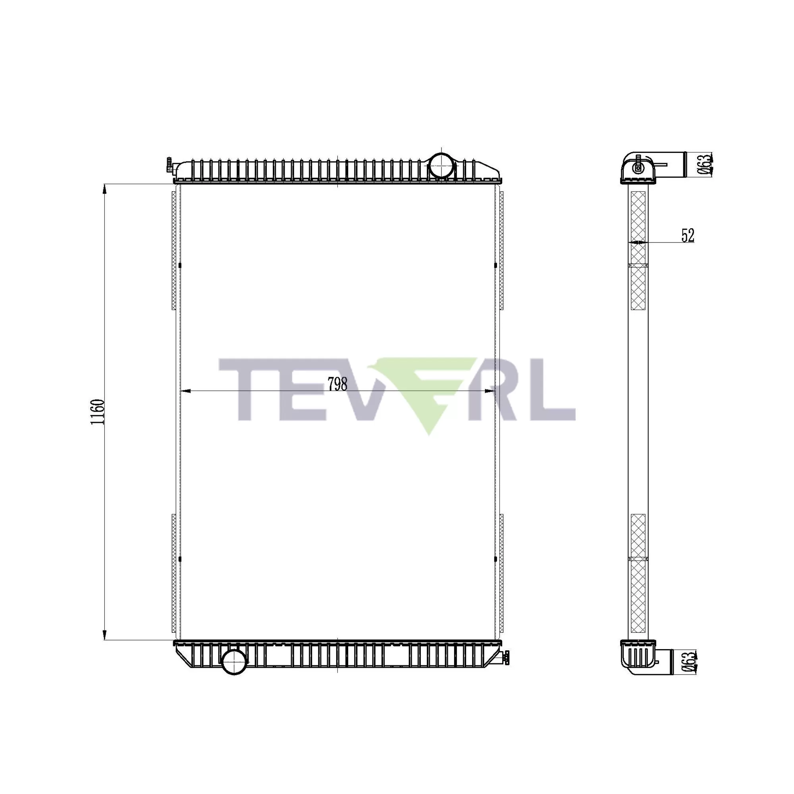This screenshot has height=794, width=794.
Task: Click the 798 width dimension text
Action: [x=337, y=384]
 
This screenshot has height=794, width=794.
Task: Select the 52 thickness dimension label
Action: [x=688, y=235]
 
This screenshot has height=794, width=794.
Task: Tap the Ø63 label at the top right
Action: [x=704, y=164]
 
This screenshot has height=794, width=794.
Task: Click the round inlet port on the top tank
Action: [x=441, y=165]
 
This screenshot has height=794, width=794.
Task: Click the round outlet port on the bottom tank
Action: [x=234, y=661]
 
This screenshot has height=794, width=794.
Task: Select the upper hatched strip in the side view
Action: [x=638, y=251]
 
